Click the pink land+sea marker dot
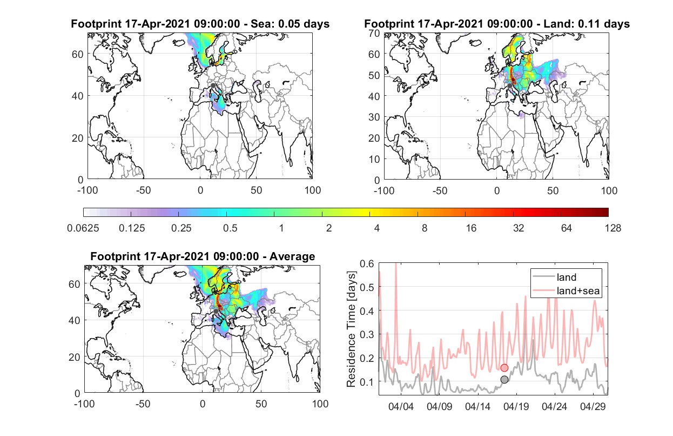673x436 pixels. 504,368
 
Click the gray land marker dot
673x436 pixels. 504,380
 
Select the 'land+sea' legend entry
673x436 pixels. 566,290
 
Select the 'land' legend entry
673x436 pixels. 554,277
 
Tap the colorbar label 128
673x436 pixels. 613,228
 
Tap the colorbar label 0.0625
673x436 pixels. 83,228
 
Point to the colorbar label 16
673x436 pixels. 471,228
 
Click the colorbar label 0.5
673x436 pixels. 230,228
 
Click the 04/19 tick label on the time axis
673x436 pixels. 516,406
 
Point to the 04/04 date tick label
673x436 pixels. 401,406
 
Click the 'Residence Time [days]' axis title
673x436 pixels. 351,329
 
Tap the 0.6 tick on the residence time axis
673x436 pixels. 367,264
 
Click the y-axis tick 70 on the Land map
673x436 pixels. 374,34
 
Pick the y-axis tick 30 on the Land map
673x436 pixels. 374,117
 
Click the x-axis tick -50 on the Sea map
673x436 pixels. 143,190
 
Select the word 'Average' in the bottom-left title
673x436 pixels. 292,256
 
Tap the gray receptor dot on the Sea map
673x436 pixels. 213,85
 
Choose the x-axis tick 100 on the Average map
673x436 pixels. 320,404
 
